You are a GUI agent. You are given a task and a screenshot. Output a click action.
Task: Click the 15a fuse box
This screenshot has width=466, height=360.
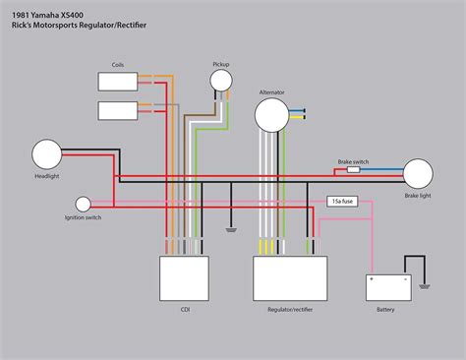342,202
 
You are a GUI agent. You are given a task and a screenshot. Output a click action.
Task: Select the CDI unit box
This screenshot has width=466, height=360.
184,278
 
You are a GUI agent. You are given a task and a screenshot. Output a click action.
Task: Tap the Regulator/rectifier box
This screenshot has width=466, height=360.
290,278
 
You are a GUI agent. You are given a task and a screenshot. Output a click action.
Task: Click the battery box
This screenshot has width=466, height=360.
388,287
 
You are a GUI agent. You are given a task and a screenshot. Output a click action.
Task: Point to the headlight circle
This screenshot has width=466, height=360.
47,154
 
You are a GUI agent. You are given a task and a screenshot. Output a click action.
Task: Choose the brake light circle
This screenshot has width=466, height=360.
418,174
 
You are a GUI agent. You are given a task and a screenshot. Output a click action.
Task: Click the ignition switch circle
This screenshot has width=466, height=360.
84,205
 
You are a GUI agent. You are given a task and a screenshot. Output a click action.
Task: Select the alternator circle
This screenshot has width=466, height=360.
271,115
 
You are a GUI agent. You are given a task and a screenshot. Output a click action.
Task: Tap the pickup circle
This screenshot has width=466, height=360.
221,81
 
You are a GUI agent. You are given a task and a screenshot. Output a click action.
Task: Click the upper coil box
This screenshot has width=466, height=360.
118,82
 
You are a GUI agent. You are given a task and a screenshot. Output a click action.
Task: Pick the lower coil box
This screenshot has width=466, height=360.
118,110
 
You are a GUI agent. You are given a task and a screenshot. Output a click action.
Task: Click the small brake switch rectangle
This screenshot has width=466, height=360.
354,169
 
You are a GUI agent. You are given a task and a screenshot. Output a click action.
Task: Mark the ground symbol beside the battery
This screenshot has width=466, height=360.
425,287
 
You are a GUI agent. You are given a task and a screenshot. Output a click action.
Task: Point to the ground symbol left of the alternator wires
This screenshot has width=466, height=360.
231,230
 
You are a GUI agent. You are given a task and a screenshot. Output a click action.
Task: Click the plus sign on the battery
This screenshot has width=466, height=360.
372,279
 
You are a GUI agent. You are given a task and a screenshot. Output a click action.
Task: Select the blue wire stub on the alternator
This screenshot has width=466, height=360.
297,111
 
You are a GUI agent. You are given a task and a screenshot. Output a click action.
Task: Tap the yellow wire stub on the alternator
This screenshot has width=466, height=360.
297,117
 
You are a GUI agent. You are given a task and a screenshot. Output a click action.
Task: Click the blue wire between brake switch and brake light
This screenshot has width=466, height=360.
382,169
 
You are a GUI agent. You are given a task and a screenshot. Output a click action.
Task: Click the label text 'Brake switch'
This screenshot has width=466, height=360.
353,161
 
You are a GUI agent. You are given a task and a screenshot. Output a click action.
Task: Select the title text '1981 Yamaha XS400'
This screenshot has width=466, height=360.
47,15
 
